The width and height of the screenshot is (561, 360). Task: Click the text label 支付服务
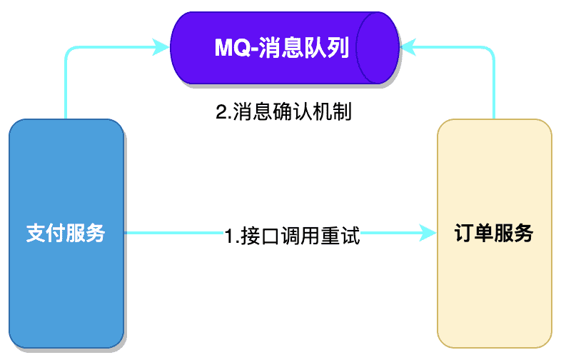(x=66, y=233)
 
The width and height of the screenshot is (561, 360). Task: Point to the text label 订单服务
(x=494, y=233)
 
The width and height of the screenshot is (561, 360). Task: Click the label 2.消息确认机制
(x=283, y=113)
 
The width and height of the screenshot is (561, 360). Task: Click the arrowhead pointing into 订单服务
(x=428, y=233)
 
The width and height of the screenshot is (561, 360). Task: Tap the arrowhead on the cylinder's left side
(x=163, y=48)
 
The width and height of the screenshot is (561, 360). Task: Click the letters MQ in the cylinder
(x=231, y=48)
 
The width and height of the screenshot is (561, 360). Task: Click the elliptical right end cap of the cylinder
(x=378, y=48)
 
